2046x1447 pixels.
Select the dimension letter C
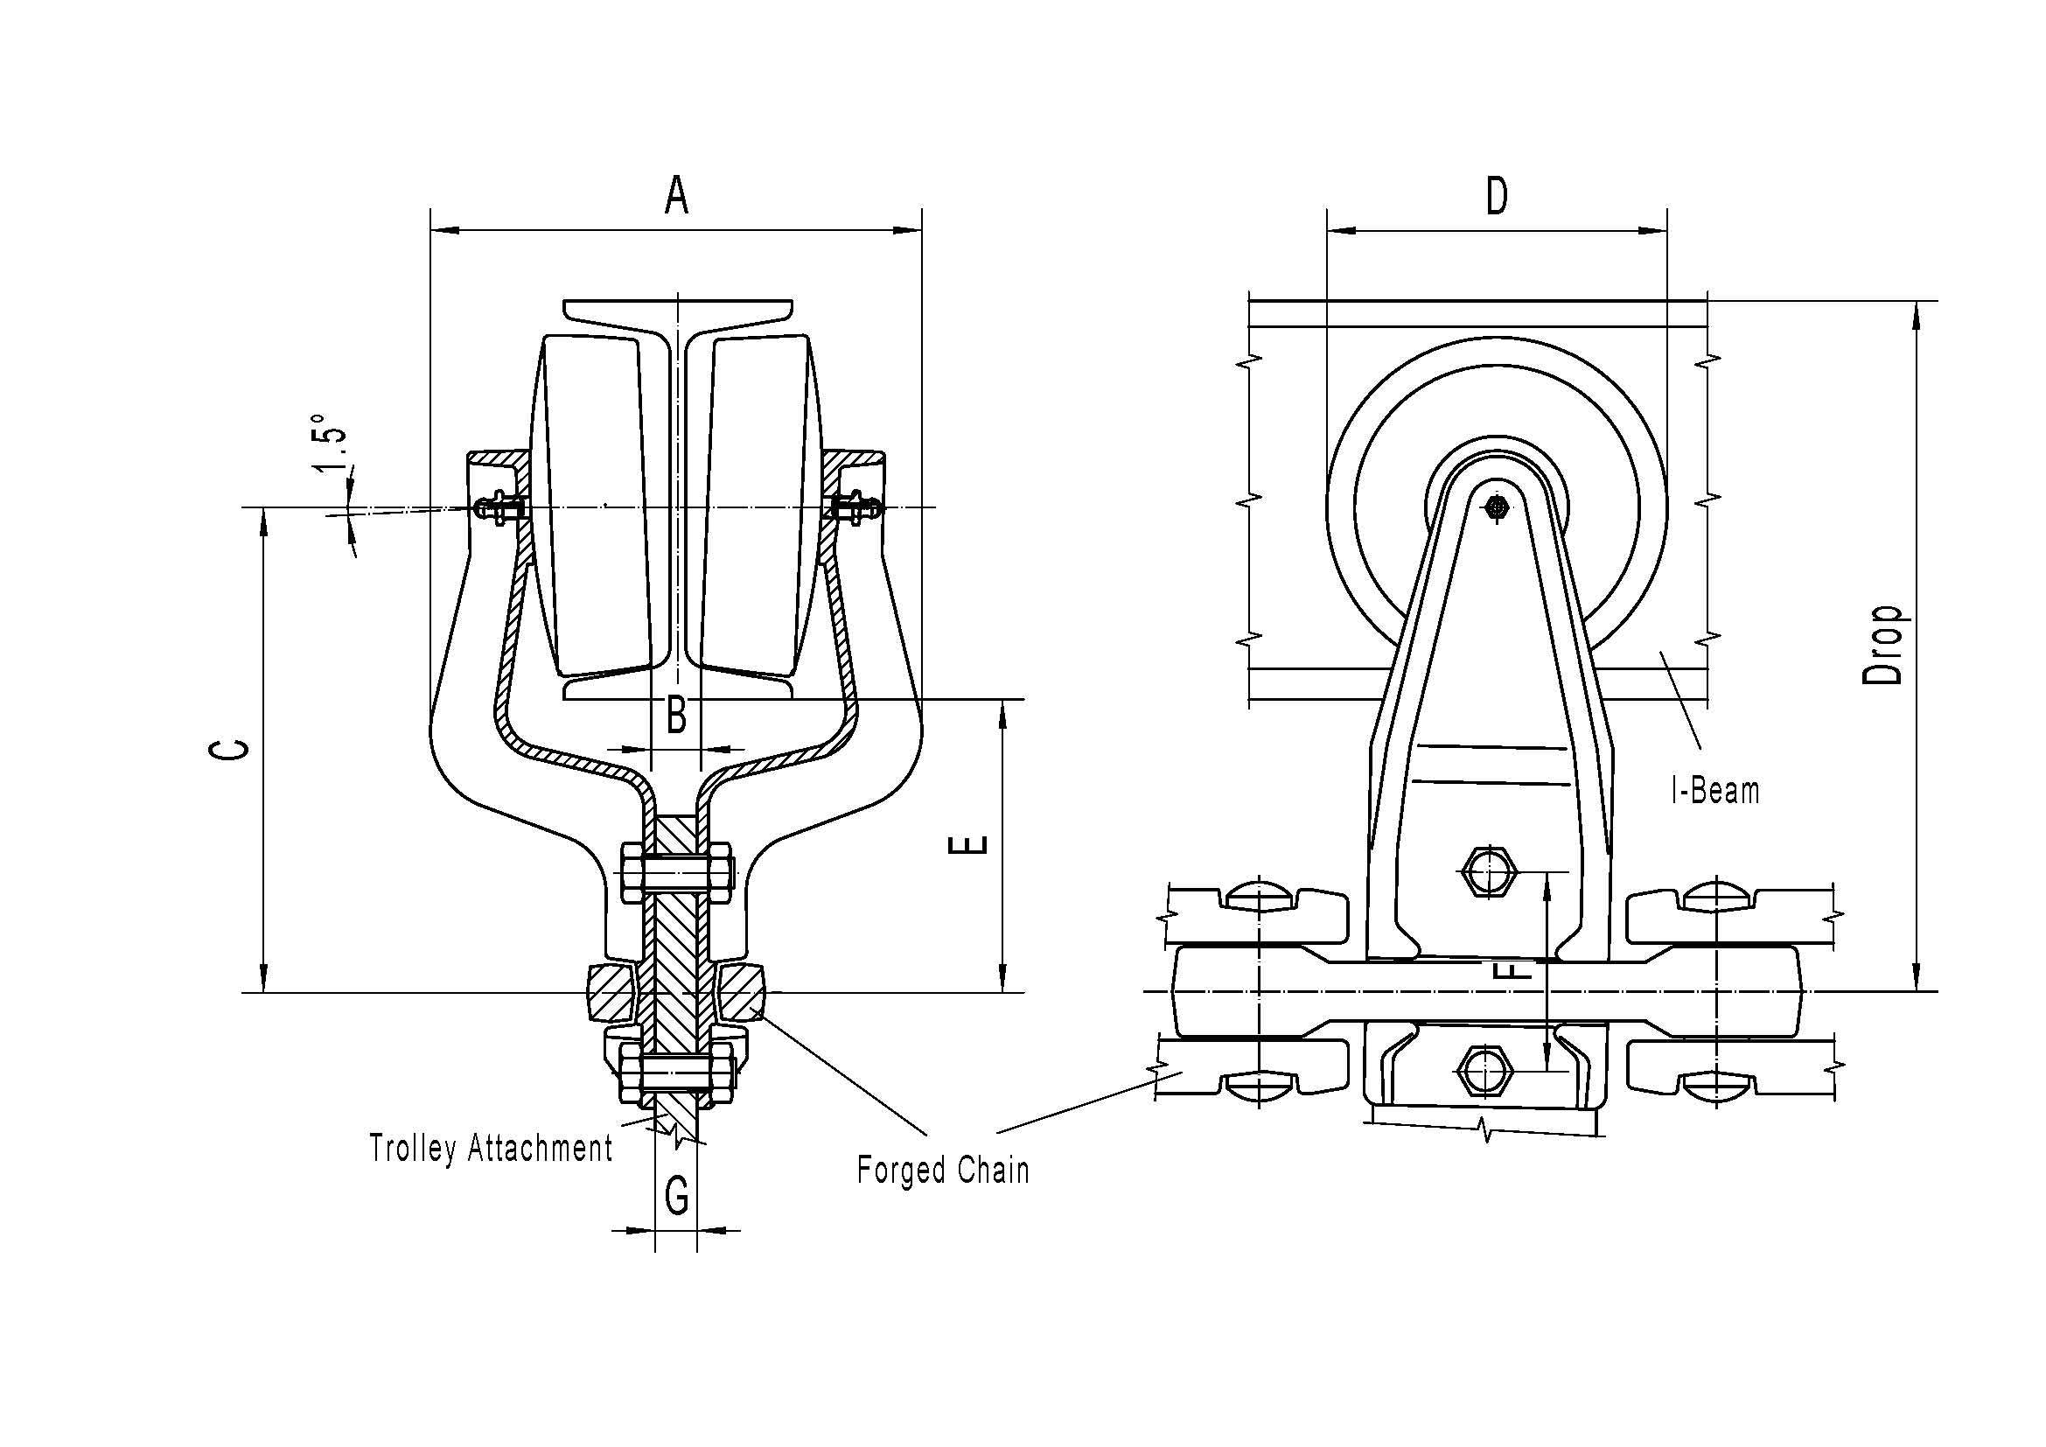[x=229, y=749]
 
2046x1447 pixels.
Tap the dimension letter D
[x=1497, y=196]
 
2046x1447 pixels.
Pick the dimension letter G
[x=676, y=1196]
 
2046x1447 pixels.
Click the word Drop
[x=1884, y=645]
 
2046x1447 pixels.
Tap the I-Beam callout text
[x=1715, y=790]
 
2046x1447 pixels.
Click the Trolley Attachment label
[x=491, y=1148]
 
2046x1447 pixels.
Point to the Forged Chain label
[x=943, y=1170]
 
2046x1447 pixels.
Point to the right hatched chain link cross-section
[x=740, y=993]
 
